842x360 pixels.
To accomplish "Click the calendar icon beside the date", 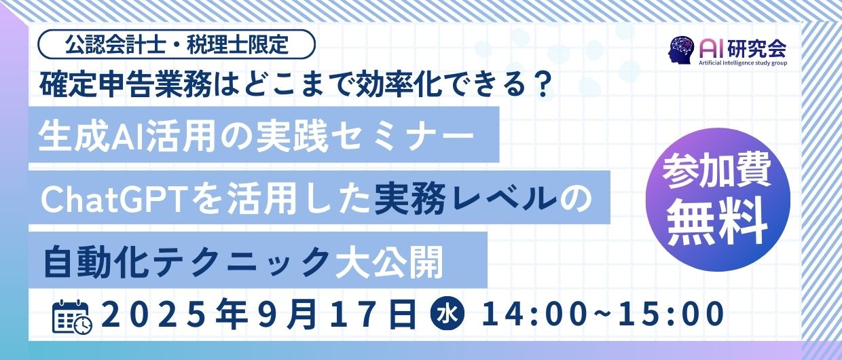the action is (72, 317).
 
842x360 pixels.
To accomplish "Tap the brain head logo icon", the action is (681, 49).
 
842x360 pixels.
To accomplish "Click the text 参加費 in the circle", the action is (718, 175).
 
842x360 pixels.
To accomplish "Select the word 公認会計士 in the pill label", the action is (115, 45).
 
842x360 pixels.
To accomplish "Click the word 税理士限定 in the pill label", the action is (237, 45).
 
